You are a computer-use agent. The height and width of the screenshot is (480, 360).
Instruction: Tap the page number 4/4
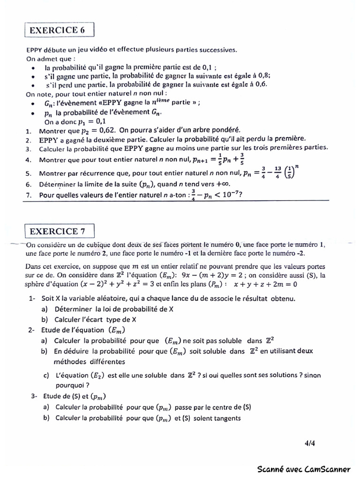tap(309, 442)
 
